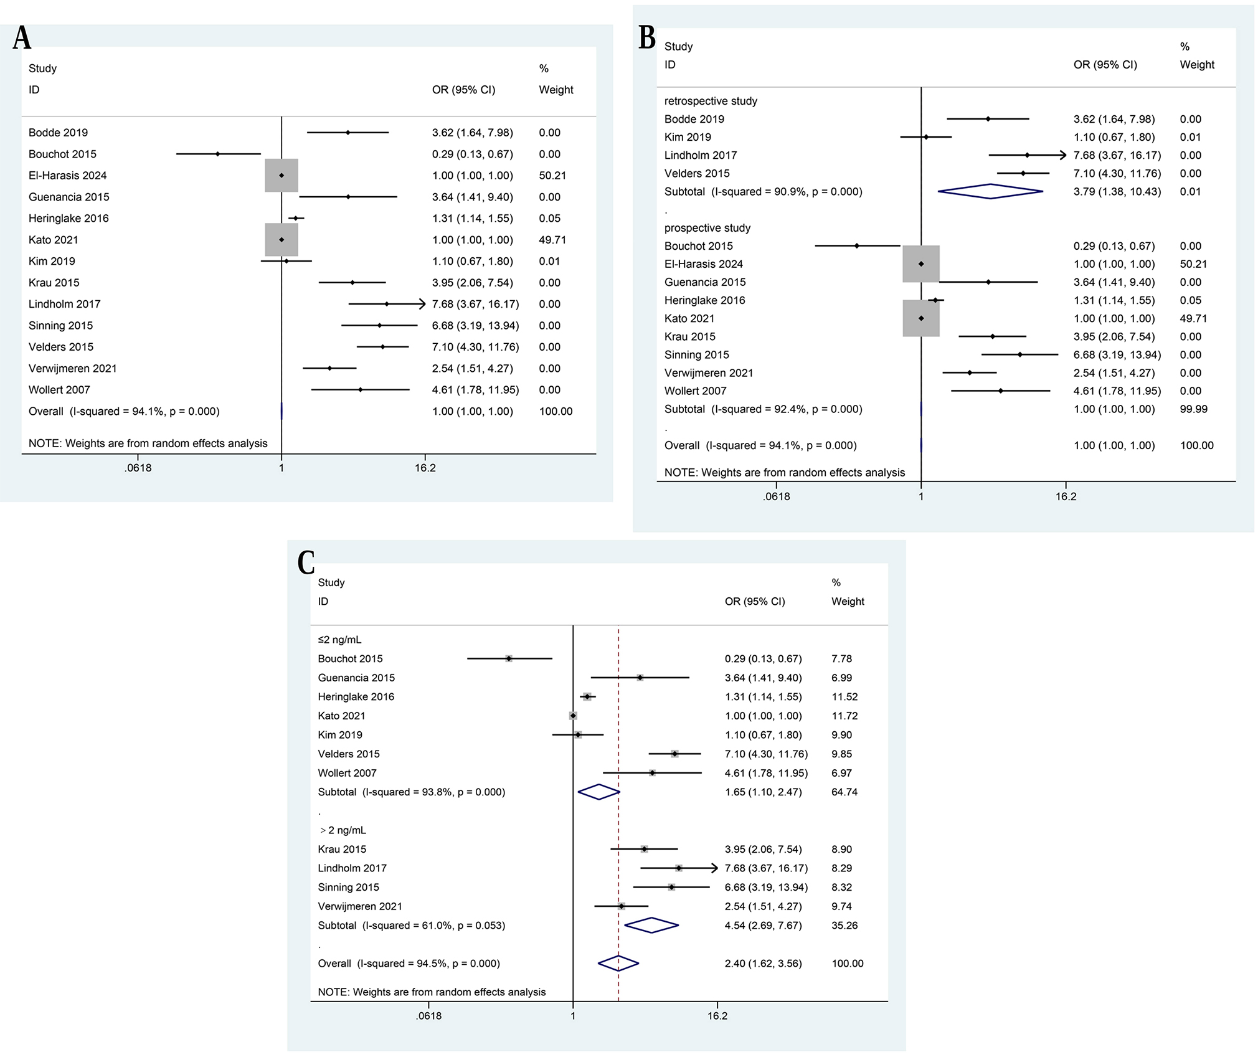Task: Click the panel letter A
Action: coord(22,39)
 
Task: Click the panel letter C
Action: coord(305,562)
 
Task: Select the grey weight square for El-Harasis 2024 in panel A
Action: coord(281,176)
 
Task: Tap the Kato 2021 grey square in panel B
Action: coord(920,318)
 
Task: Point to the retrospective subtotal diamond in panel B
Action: coord(990,191)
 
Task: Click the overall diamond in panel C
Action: coord(618,963)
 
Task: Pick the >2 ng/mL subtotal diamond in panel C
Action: coord(651,925)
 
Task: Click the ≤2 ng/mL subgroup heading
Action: coord(339,640)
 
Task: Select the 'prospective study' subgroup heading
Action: coord(707,228)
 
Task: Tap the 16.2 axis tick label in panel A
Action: coord(425,468)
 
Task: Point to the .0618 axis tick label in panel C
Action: coord(428,1016)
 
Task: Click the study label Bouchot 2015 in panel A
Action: coord(62,154)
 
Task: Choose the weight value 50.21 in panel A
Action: coord(552,176)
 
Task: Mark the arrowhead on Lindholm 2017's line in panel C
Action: coord(714,868)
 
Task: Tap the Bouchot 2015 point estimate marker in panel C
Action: coord(509,658)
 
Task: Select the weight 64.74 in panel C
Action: coord(844,792)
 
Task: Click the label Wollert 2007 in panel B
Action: coord(695,391)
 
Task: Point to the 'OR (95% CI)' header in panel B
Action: coord(1105,65)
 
